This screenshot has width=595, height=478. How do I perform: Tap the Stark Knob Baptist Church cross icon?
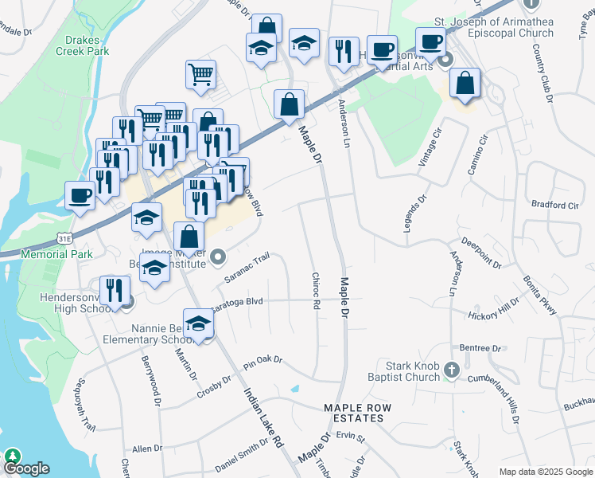point(452,369)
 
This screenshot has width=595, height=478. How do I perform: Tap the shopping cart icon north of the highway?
point(201,75)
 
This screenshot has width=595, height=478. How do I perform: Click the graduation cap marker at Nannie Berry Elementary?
point(197,323)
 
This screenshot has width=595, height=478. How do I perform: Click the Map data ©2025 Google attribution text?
point(546,472)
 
